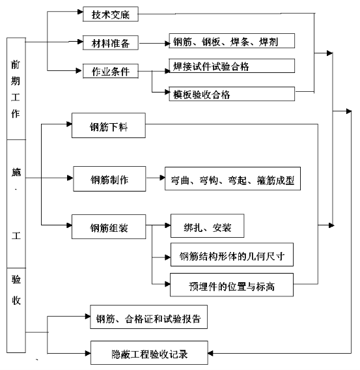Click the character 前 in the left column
tap(16, 64)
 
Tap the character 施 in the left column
tap(16, 172)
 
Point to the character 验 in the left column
tap(16, 279)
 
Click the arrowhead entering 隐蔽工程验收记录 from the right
tap(210, 353)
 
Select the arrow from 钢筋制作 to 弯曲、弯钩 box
tap(156, 178)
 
